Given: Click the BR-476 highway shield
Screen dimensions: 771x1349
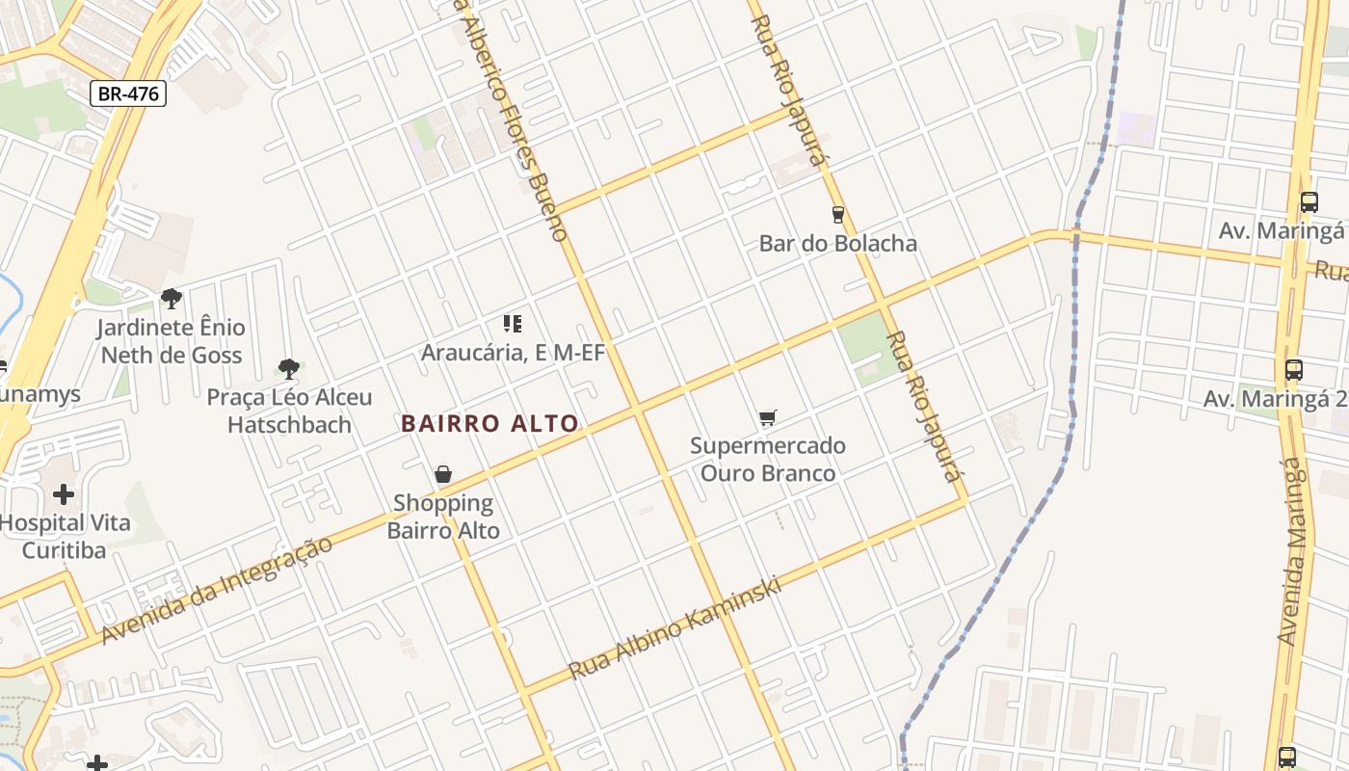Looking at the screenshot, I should point(129,93).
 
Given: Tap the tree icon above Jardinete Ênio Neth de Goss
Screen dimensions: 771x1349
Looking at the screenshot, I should point(172,299).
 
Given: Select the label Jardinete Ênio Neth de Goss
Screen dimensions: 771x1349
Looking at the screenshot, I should point(172,341).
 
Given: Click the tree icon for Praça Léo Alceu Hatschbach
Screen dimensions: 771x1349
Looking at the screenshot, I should point(288,367).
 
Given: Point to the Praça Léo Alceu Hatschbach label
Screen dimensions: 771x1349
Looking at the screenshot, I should point(289,411).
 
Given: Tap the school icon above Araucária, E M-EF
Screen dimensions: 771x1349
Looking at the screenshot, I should point(512,324).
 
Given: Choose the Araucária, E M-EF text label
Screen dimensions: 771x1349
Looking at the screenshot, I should point(513,353).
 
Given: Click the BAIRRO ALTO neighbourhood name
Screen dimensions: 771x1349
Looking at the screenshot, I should point(489,423).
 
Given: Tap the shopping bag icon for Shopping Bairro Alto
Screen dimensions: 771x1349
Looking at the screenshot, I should point(443,474).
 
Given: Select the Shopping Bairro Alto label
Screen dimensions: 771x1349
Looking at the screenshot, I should point(443,517).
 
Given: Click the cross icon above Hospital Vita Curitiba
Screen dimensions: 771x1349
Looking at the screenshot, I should point(64,495).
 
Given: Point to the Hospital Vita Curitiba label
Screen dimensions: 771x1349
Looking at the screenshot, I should point(64,537).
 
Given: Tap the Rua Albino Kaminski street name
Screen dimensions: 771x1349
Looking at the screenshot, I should point(674,628).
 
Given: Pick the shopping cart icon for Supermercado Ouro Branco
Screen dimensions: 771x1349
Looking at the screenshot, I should point(767,418).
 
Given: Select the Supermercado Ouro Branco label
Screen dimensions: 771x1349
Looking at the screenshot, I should point(767,460).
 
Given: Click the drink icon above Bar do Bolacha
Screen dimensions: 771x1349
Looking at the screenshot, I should point(837,214).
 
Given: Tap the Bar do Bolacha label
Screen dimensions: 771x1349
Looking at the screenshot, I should point(837,243).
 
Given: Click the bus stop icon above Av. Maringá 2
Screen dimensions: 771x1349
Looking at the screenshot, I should point(1293,369).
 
